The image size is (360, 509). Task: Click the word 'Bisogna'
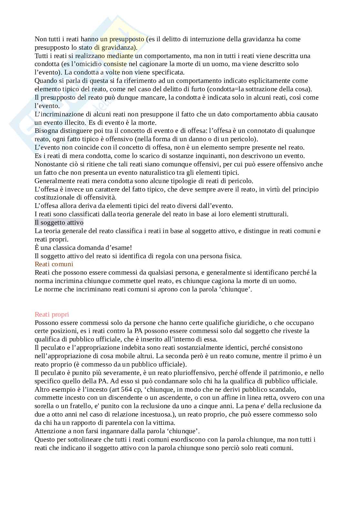(x=46, y=131)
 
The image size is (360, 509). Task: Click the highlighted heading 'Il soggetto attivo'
(x=59, y=222)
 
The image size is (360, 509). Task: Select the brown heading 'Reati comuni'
(x=54, y=264)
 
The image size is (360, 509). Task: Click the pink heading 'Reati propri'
(x=52, y=314)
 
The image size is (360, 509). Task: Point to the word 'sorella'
(x=45, y=406)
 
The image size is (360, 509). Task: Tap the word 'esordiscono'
(x=177, y=439)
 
